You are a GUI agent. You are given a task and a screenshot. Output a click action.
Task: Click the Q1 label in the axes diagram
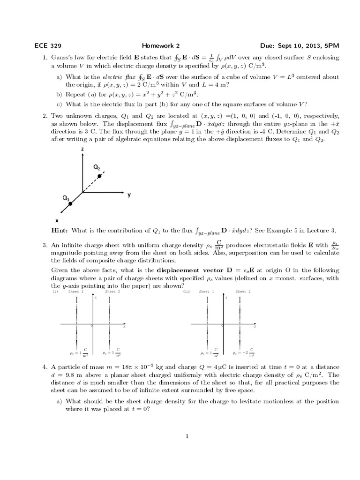click(66, 198)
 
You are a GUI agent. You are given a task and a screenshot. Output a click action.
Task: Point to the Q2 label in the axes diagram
click(96, 167)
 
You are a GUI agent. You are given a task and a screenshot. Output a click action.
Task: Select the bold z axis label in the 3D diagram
click(82, 149)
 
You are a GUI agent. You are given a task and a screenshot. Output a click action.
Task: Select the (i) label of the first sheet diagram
click(55, 292)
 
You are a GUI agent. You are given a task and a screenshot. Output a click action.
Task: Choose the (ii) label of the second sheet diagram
click(187, 292)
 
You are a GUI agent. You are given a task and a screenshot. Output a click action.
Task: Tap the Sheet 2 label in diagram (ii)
click(243, 292)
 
